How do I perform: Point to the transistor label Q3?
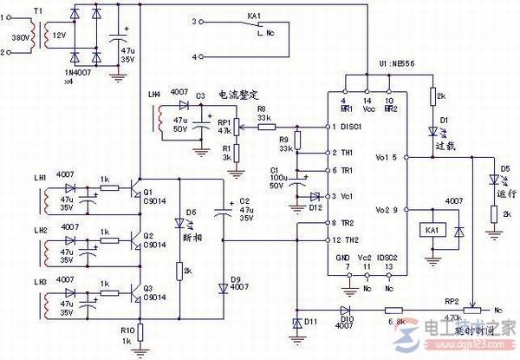149,287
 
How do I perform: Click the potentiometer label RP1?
224,122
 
